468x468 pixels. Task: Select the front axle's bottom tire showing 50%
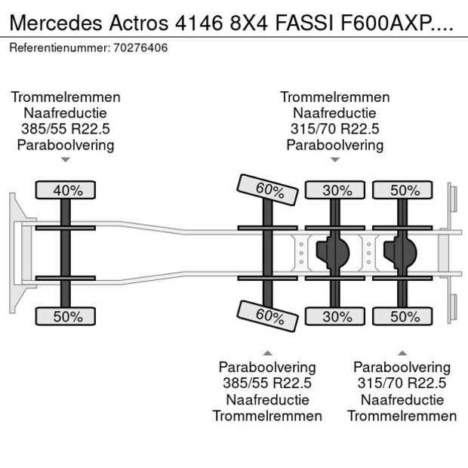pyautogui.click(x=67, y=317)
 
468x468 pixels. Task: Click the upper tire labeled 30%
pyautogui.click(x=337, y=190)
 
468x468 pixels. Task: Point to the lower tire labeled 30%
pyautogui.click(x=337, y=317)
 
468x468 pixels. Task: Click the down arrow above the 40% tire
pyautogui.click(x=66, y=160)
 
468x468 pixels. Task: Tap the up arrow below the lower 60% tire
pyautogui.click(x=266, y=353)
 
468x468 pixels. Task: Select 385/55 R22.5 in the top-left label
pyautogui.click(x=66, y=129)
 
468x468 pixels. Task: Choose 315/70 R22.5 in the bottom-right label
pyautogui.click(x=402, y=384)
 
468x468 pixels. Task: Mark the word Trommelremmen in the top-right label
pyautogui.click(x=334, y=97)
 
